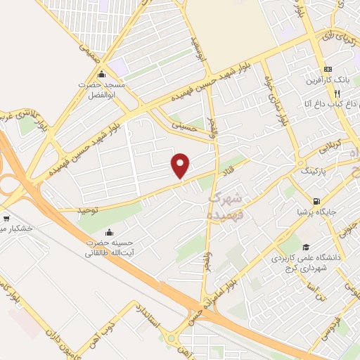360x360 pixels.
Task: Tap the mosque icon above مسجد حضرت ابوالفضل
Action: point(102,75)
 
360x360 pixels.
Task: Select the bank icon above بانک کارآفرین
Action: point(327,70)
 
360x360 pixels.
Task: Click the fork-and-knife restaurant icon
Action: point(337,93)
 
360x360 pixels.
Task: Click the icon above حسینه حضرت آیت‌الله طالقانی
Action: point(108,233)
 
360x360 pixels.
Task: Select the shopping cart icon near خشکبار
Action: point(6,218)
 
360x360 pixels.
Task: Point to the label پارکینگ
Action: point(313,171)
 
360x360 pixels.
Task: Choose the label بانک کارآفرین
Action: point(329,81)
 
